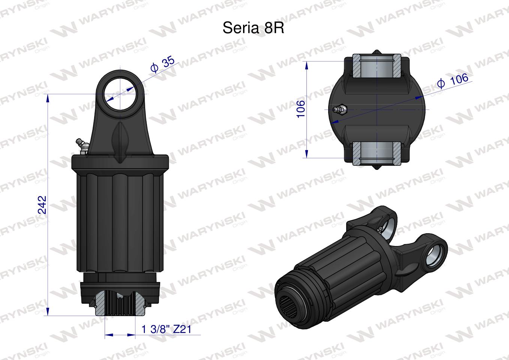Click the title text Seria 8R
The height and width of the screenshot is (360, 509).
[x=253, y=28]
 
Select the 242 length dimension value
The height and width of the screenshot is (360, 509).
[x=42, y=205]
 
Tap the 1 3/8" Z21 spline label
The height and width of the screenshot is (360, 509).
[x=166, y=329]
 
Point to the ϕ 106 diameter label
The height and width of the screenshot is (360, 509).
[x=453, y=81]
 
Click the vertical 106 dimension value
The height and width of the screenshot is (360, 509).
[x=301, y=109]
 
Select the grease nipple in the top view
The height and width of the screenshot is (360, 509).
[x=340, y=110]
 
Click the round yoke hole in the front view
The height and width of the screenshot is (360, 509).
[x=120, y=94]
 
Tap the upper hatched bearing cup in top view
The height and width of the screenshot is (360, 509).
[x=377, y=66]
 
